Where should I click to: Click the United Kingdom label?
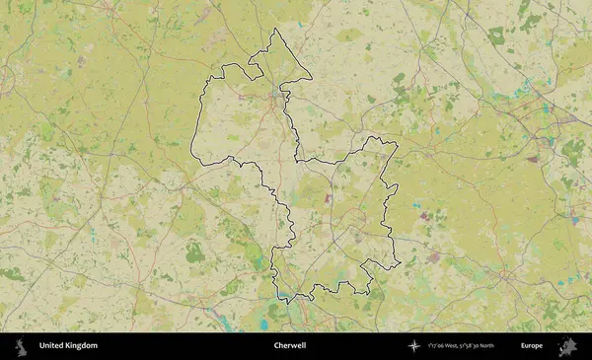68,346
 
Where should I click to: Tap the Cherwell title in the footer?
289,346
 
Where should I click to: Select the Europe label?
532,346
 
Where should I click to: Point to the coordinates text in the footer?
462,346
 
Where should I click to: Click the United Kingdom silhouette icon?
19,346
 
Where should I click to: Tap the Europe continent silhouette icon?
567,346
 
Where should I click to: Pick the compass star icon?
414,346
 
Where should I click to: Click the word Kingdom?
81,346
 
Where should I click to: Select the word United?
50,346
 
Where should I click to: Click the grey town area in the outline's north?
277,99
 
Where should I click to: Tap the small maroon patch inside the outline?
329,198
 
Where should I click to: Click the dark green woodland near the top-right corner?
496,36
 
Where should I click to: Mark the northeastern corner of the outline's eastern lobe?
397,144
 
